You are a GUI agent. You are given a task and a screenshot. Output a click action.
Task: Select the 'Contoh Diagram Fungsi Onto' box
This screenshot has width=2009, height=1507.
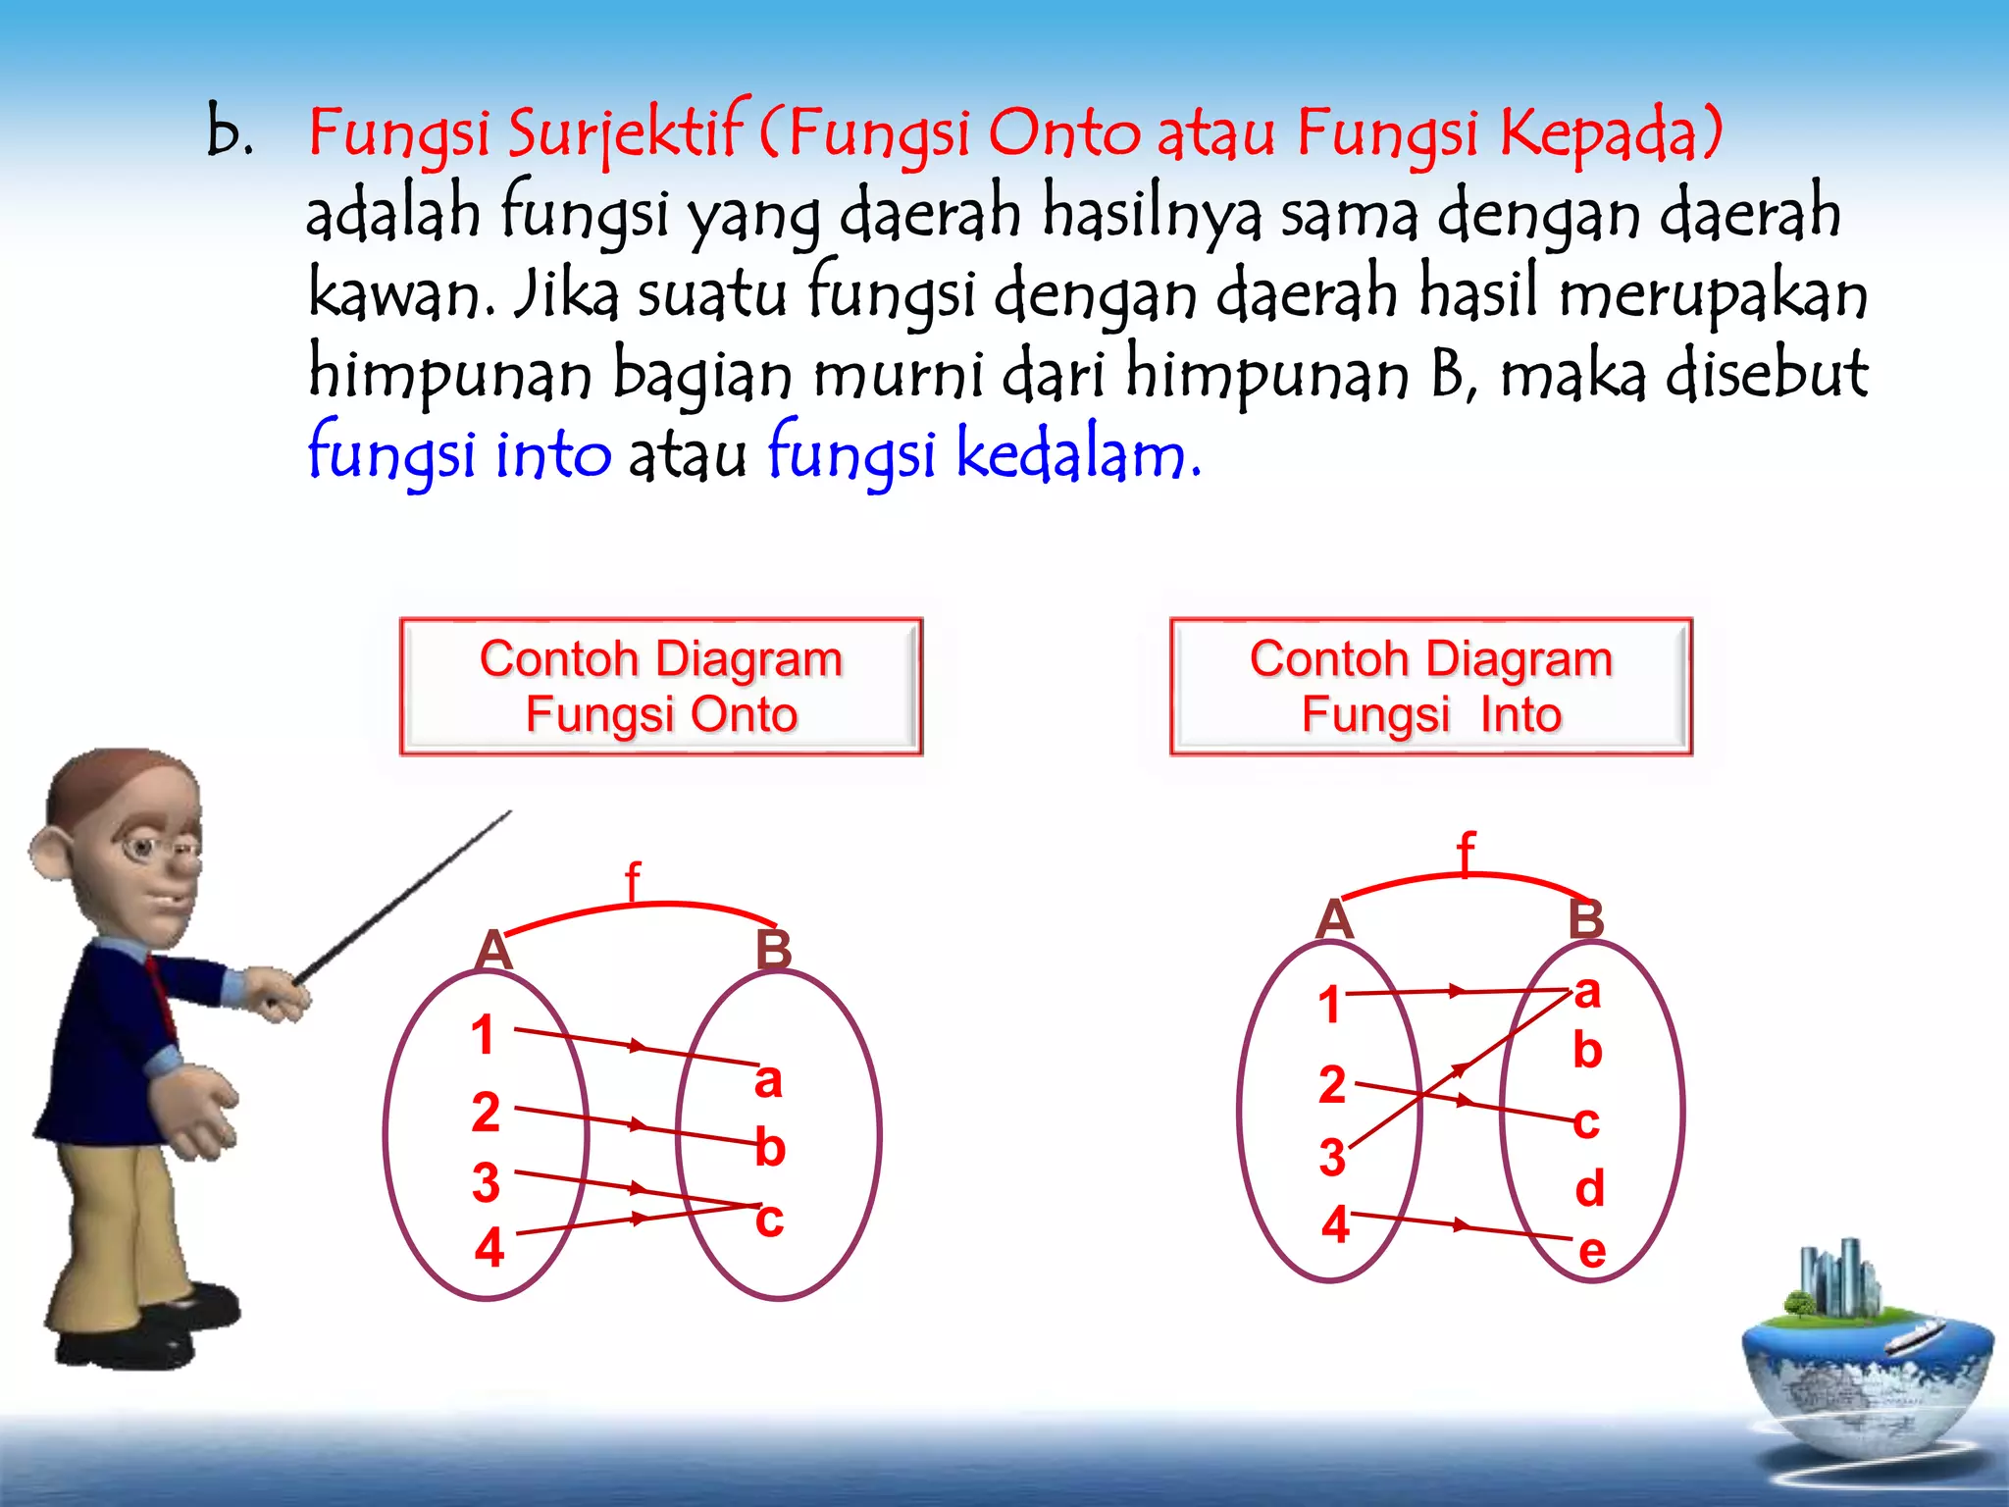pyautogui.click(x=661, y=686)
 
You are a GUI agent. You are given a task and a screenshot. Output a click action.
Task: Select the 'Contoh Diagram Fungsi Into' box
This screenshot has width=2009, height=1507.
pyautogui.click(x=1431, y=686)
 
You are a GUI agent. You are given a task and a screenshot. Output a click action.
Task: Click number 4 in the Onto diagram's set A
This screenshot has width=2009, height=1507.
pyautogui.click(x=489, y=1248)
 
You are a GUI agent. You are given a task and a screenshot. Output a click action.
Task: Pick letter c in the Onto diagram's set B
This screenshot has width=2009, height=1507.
pyautogui.click(x=769, y=1220)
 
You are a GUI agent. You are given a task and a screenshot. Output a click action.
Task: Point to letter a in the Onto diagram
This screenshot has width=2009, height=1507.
pyautogui.click(x=768, y=1080)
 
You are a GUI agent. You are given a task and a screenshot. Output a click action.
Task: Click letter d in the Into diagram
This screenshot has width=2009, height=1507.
pyautogui.click(x=1589, y=1188)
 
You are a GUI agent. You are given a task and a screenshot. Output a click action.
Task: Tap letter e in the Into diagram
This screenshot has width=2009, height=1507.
pyautogui.click(x=1591, y=1251)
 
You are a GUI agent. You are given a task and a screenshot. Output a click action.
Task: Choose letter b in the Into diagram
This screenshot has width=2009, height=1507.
pyautogui.click(x=1587, y=1051)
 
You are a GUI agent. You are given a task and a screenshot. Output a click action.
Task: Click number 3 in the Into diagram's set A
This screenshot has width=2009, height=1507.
pyautogui.click(x=1331, y=1157)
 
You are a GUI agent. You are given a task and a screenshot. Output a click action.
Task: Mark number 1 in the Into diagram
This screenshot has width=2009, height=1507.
pyautogui.click(x=1329, y=1005)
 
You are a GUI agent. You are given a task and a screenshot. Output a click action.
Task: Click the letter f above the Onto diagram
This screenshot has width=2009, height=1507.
pyautogui.click(x=633, y=881)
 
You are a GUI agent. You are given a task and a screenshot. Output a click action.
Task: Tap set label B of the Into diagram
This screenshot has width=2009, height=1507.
pyautogui.click(x=1585, y=919)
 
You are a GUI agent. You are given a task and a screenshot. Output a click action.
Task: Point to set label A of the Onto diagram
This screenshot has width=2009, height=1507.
pyautogui.click(x=493, y=950)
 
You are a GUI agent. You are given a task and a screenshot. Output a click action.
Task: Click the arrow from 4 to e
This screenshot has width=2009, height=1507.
pyautogui.click(x=1461, y=1225)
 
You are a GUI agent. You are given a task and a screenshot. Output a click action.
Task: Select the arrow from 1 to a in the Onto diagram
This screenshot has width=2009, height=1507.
pyautogui.click(x=638, y=1046)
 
